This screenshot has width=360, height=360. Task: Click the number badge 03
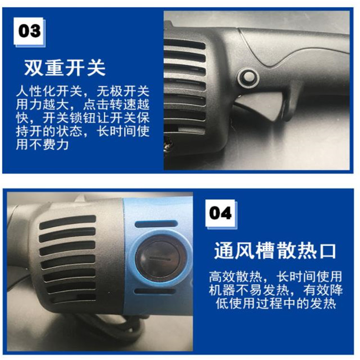pyautogui.click(x=29, y=32)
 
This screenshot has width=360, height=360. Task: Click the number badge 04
pyautogui.click(x=221, y=214)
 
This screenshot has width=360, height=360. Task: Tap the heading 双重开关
pyautogui.click(x=65, y=68)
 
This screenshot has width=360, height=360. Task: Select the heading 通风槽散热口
pyautogui.click(x=275, y=251)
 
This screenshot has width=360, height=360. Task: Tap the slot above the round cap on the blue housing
pyautogui.click(x=156, y=224)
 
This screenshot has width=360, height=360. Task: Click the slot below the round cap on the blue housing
pyautogui.click(x=155, y=291)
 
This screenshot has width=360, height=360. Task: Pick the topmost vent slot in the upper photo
pyautogui.click(x=184, y=44)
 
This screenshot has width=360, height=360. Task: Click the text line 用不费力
pyautogui.click(x=42, y=144)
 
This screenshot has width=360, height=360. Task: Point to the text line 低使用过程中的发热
pyautogui.click(x=276, y=303)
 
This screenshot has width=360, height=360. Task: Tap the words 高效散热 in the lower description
pyautogui.click(x=235, y=276)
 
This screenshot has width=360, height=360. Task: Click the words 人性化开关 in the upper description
pyautogui.click(x=49, y=91)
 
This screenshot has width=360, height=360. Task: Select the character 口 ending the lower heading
pyautogui.click(x=327, y=251)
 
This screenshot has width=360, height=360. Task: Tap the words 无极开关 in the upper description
pyautogui.click(x=123, y=91)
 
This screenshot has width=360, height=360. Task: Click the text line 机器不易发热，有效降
pyautogui.click(x=276, y=290)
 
